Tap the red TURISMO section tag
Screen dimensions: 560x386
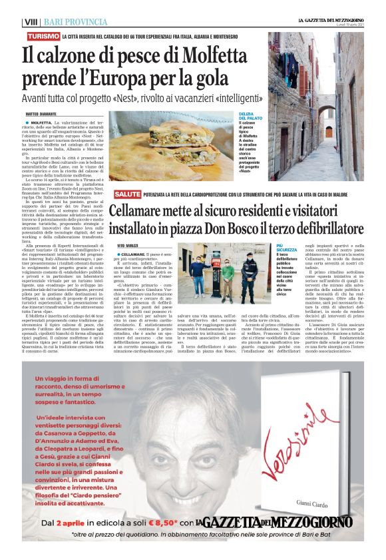[44, 35]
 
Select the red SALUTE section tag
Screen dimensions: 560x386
[126, 194]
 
